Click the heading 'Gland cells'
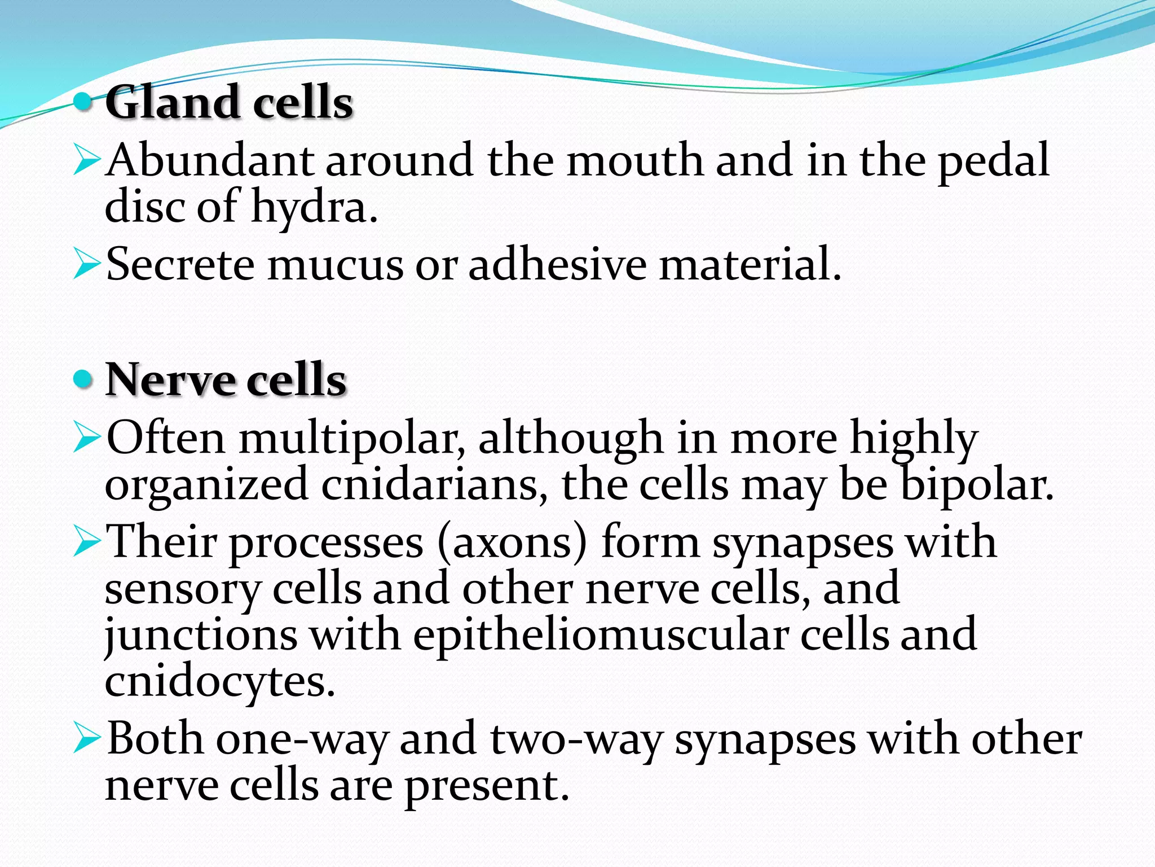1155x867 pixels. pos(229,102)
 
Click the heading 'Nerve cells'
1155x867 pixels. pos(226,380)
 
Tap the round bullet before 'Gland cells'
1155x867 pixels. pos(83,102)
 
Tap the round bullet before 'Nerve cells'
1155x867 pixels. pos(83,379)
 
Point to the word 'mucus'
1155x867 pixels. pos(335,265)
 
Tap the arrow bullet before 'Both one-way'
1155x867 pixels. pos(87,740)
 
